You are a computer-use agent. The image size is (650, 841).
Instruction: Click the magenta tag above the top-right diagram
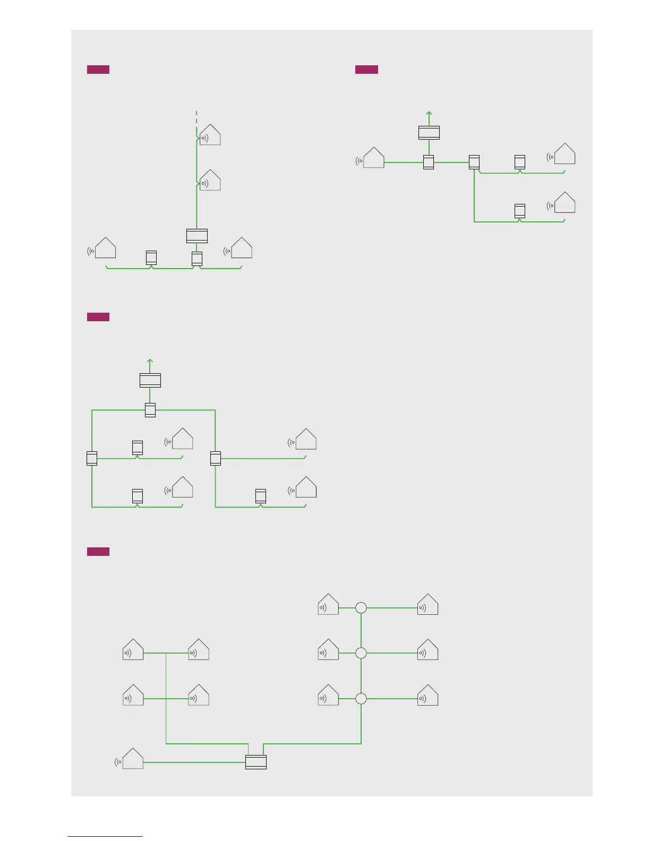366,70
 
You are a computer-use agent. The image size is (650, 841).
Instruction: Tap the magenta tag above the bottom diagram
98,552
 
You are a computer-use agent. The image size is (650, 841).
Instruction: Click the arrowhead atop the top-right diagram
429,114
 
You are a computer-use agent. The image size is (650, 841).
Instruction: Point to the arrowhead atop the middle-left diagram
150,361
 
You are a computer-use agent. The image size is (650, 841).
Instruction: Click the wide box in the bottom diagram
256,762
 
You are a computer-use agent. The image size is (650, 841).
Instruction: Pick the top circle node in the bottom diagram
361,607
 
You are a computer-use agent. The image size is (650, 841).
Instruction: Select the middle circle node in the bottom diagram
361,653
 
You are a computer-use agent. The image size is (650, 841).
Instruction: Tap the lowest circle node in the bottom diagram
361,699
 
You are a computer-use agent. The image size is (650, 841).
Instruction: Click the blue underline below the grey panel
105,836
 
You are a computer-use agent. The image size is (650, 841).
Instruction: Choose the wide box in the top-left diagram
197,236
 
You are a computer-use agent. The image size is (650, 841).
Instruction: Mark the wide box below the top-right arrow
429,133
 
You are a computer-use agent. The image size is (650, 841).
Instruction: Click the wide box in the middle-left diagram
150,380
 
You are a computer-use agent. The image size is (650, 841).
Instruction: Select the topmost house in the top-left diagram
210,135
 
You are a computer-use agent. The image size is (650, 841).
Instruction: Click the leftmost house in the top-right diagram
374,158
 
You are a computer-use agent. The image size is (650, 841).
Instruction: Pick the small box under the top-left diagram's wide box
197,259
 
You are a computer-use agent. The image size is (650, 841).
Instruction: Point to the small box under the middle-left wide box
150,410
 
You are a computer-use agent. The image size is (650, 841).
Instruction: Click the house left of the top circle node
328,605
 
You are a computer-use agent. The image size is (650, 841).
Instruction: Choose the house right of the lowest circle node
428,696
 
